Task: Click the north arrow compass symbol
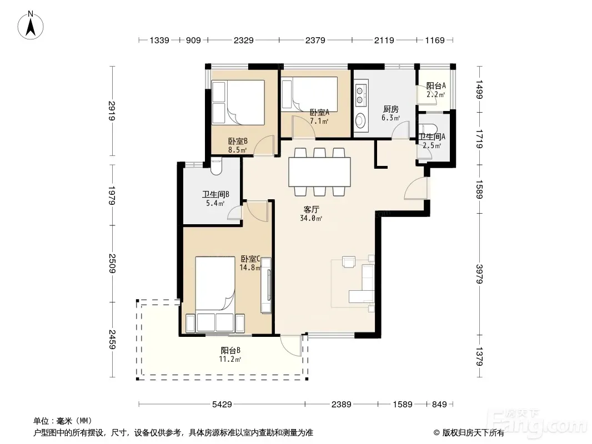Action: pyautogui.click(x=31, y=26)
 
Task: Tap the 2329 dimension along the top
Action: pyautogui.click(x=244, y=40)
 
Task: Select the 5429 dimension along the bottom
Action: pyautogui.click(x=222, y=405)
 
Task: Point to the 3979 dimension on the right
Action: pyautogui.click(x=479, y=274)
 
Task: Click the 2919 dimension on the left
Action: pyautogui.click(x=112, y=111)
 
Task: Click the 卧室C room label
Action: pyautogui.click(x=250, y=259)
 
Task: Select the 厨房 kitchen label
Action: pyautogui.click(x=391, y=109)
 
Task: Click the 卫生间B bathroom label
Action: pyautogui.click(x=215, y=194)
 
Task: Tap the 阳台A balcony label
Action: pyautogui.click(x=436, y=85)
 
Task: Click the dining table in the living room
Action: pyautogui.click(x=319, y=172)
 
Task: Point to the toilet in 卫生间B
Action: pyautogui.click(x=217, y=167)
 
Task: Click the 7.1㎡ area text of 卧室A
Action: pyautogui.click(x=319, y=121)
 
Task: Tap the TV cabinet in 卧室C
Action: pyautogui.click(x=266, y=285)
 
